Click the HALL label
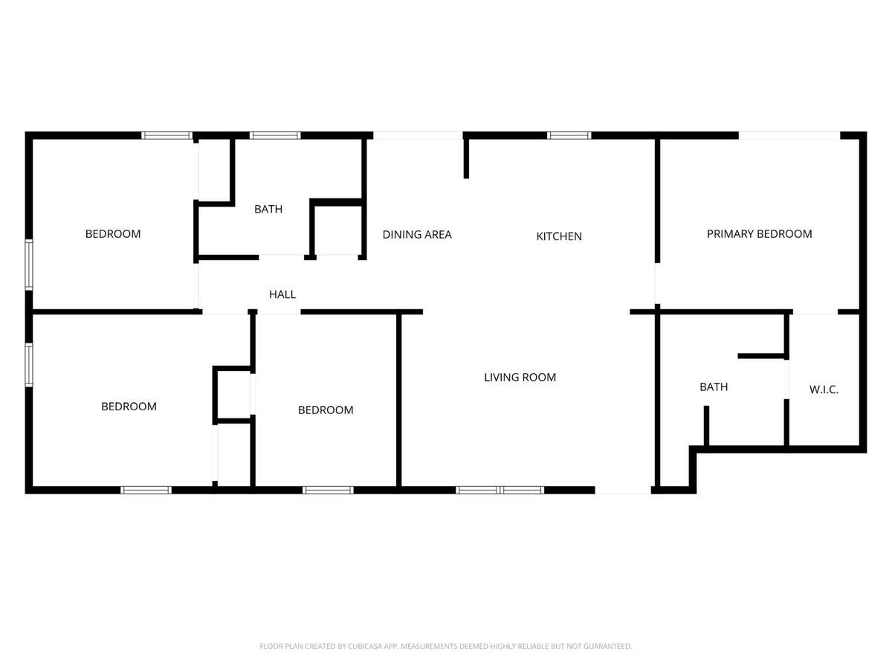point(282,294)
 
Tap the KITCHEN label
point(559,236)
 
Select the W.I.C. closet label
point(824,390)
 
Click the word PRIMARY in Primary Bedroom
point(728,234)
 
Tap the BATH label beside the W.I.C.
point(714,387)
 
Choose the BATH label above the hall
point(268,209)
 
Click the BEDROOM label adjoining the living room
point(326,410)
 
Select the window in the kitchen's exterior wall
point(569,135)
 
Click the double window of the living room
point(500,490)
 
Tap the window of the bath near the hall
point(275,135)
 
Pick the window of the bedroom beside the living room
point(328,490)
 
